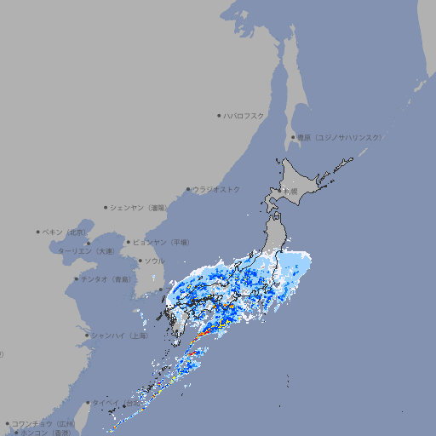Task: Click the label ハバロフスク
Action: point(244,115)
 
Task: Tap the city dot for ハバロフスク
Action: point(220,115)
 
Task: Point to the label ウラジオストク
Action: point(216,189)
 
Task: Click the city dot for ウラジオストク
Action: point(189,189)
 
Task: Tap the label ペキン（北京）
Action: point(66,232)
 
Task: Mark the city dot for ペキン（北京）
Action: point(38,232)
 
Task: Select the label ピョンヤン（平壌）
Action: point(161,242)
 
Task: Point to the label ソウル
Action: point(154,261)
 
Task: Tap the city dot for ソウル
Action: point(140,261)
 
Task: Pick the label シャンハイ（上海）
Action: point(118,336)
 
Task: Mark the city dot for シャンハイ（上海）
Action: point(87,336)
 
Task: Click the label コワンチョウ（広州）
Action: point(43,423)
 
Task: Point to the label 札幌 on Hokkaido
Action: point(290,192)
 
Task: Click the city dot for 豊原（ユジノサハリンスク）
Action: point(294,137)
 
